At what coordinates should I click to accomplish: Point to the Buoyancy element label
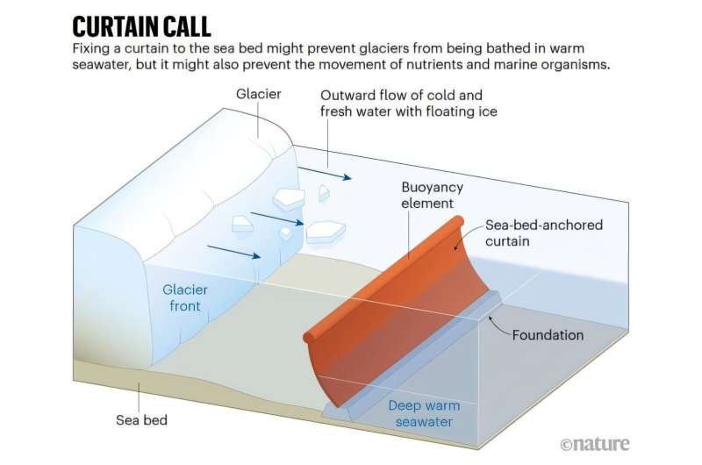[432, 196]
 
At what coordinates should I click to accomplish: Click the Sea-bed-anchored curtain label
[543, 233]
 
